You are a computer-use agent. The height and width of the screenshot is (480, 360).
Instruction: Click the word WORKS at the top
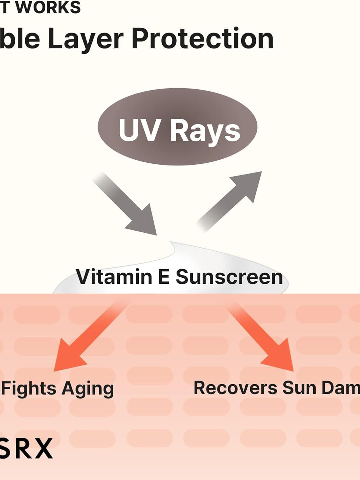coord(48,7)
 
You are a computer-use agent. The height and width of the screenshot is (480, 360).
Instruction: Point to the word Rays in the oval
coord(205,130)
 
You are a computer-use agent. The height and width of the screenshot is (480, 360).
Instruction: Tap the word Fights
coord(29,388)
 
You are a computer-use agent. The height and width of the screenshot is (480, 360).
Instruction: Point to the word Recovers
coord(235,388)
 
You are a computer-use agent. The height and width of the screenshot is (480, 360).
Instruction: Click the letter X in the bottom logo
coord(43,448)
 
